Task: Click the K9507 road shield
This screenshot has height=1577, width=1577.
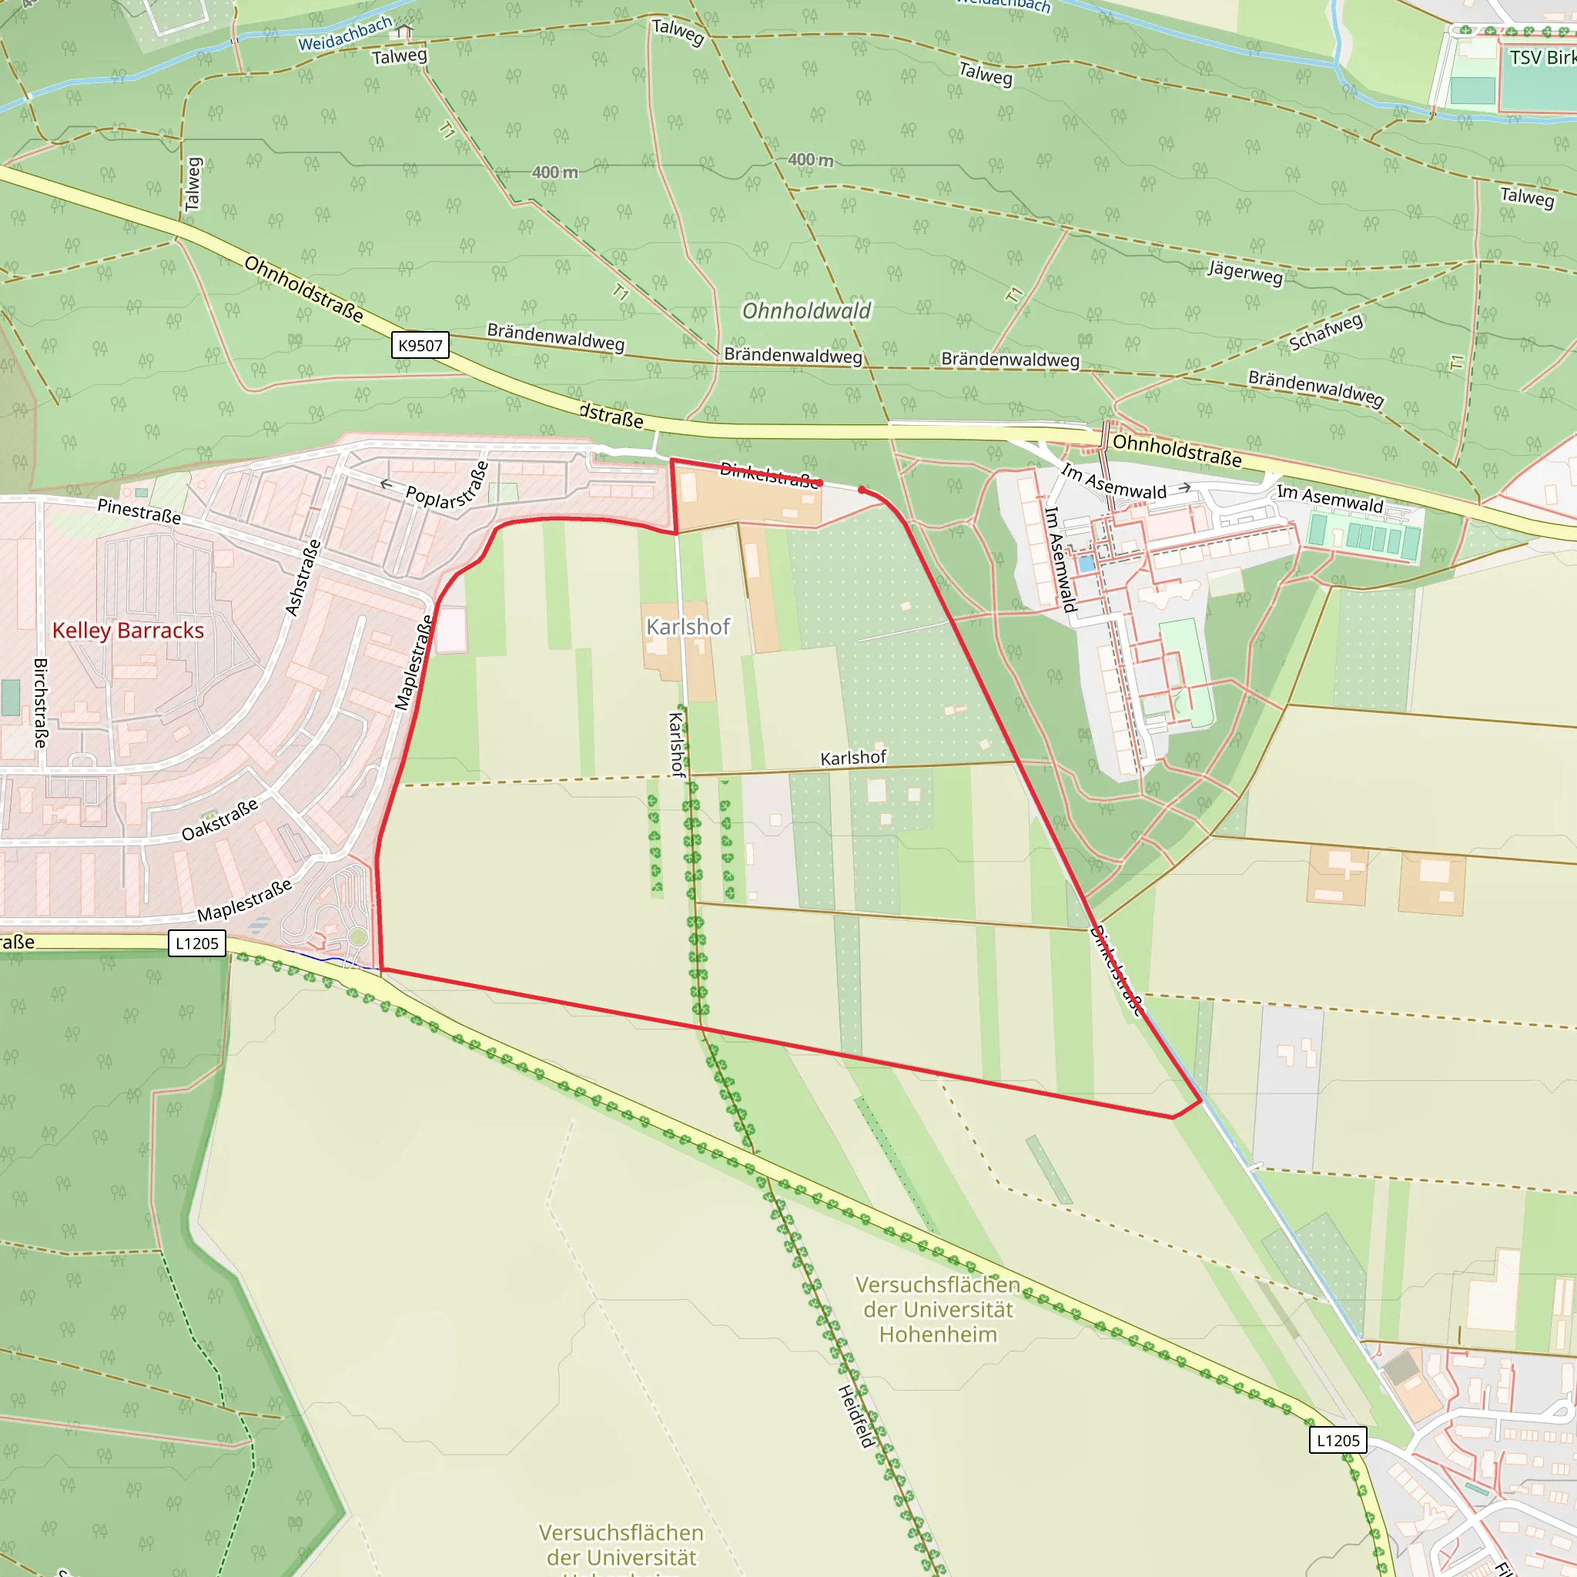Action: (x=420, y=345)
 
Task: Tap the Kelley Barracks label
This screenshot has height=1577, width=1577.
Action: (x=128, y=630)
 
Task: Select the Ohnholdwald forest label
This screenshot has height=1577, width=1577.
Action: (x=806, y=311)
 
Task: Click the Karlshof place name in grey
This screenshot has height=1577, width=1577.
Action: (x=688, y=626)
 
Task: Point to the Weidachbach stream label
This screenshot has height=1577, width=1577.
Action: (x=344, y=33)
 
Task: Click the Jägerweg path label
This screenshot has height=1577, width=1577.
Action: (x=1246, y=272)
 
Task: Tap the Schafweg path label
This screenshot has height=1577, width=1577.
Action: (x=1326, y=332)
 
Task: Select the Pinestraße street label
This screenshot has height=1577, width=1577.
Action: (x=139, y=511)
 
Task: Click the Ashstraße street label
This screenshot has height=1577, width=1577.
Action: (x=303, y=577)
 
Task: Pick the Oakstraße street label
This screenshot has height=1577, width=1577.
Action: (x=219, y=819)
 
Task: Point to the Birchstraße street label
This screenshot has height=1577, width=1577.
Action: (x=41, y=703)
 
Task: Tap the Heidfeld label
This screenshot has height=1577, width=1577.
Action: (x=856, y=1416)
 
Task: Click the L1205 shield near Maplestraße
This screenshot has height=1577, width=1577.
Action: (x=196, y=943)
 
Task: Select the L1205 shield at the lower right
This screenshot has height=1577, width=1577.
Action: (x=1338, y=1440)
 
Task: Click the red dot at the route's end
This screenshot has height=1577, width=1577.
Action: (x=861, y=490)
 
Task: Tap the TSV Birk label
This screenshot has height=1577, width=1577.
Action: (x=1541, y=58)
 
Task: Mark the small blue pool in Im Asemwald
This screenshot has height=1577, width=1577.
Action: (x=1086, y=563)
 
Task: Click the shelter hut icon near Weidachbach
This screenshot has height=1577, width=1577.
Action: (x=404, y=32)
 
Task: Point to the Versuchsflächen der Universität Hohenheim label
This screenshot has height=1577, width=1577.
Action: (x=938, y=1309)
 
